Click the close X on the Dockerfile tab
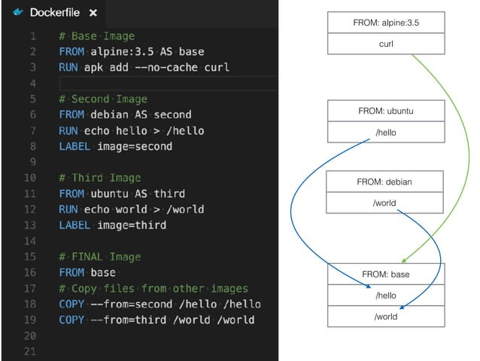pyautogui.click(x=93, y=13)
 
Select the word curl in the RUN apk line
pyautogui.click(x=214, y=67)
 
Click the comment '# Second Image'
pyautogui.click(x=103, y=99)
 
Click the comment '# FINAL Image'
pyautogui.click(x=100, y=256)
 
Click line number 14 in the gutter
pyautogui.click(x=30, y=240)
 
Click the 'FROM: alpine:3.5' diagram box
pyautogui.click(x=385, y=23)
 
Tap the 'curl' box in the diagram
pyautogui.click(x=385, y=44)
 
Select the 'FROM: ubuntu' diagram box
pyautogui.click(x=385, y=112)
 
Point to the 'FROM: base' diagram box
pyautogui.click(x=385, y=274)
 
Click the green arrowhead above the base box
pyautogui.click(x=404, y=259)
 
